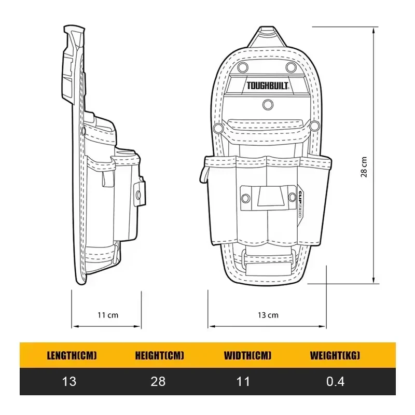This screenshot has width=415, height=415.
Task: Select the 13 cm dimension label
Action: click(x=268, y=315)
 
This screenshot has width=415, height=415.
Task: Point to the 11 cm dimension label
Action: click(x=107, y=315)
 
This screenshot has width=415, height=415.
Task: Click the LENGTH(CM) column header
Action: click(x=72, y=356)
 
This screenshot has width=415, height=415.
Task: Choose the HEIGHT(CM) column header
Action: click(x=159, y=356)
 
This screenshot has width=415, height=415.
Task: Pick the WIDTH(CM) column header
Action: click(x=247, y=356)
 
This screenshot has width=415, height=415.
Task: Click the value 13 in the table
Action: click(x=69, y=382)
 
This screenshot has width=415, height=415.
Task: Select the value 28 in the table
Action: click(x=158, y=382)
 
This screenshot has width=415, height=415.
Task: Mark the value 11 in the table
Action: click(x=243, y=382)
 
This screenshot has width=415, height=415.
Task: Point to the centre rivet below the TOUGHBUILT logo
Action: click(x=267, y=105)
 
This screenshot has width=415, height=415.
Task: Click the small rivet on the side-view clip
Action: click(x=139, y=195)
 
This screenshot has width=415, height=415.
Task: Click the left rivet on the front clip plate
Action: click(x=245, y=197)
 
